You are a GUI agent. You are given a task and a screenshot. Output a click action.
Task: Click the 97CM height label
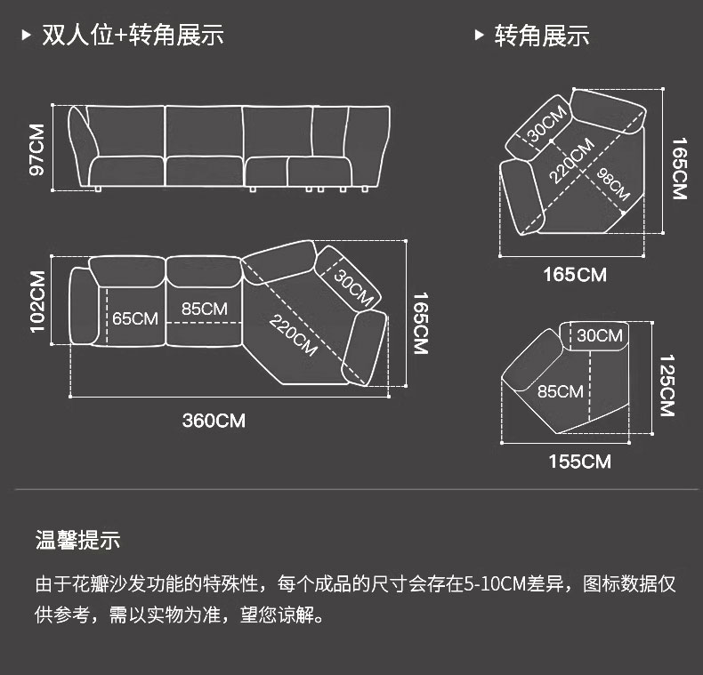(36, 149)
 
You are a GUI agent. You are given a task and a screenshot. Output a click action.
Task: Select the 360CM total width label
(214, 421)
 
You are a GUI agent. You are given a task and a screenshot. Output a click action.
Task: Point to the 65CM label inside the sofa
(135, 317)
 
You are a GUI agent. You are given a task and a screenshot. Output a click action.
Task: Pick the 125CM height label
(667, 385)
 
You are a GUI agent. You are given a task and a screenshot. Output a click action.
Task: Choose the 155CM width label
(579, 461)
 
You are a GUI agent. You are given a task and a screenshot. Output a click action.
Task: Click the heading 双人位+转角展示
(133, 36)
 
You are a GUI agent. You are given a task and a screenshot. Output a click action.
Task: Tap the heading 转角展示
(542, 36)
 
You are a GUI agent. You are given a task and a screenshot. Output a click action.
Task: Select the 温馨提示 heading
(77, 539)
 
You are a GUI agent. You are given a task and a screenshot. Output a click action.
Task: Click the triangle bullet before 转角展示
(479, 36)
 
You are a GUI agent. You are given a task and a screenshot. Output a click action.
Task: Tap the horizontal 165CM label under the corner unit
(575, 275)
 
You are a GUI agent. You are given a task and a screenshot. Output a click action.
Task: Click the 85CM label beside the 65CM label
(205, 309)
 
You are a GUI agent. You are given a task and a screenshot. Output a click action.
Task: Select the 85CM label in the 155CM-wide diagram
(560, 391)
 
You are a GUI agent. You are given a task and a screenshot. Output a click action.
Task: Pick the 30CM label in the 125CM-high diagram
(599, 335)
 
